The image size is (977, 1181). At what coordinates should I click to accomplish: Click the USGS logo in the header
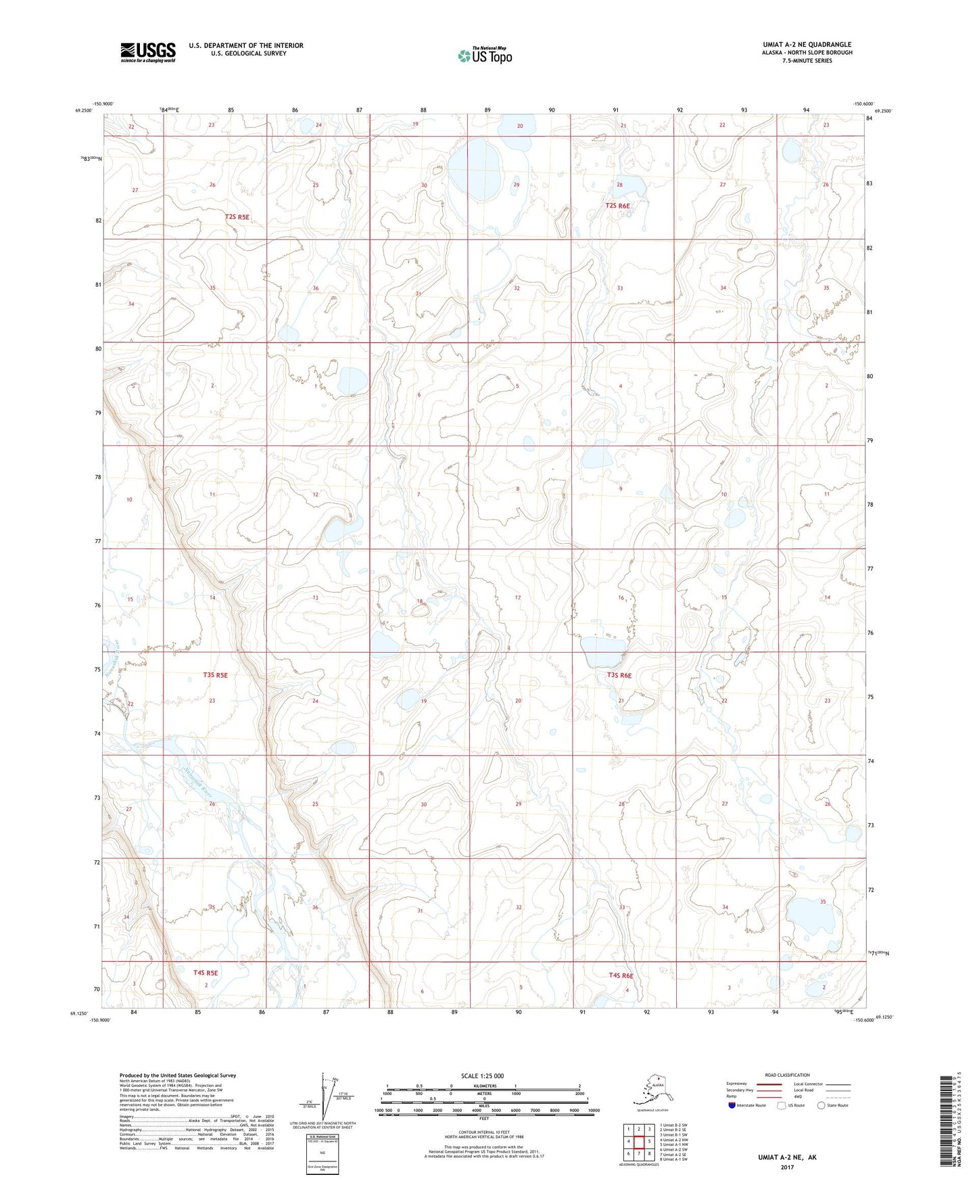coord(147,51)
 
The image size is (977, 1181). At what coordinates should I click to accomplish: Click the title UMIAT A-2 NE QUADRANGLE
coord(807,45)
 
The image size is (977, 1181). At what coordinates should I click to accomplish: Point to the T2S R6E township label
coord(618,206)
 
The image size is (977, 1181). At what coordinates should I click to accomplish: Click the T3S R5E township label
coord(215,675)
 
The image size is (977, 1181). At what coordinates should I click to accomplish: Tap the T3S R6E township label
coord(619,675)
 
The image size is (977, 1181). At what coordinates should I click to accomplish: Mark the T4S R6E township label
coord(620,975)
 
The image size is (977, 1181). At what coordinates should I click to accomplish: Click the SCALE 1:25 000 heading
coord(483,1076)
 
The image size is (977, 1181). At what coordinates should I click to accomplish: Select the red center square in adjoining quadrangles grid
coord(638,1142)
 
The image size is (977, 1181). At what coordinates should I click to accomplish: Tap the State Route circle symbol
coord(821,1106)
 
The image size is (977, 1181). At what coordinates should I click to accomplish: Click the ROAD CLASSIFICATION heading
coord(787,1075)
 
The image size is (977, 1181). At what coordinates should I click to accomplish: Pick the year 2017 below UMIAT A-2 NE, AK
coord(787,1167)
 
